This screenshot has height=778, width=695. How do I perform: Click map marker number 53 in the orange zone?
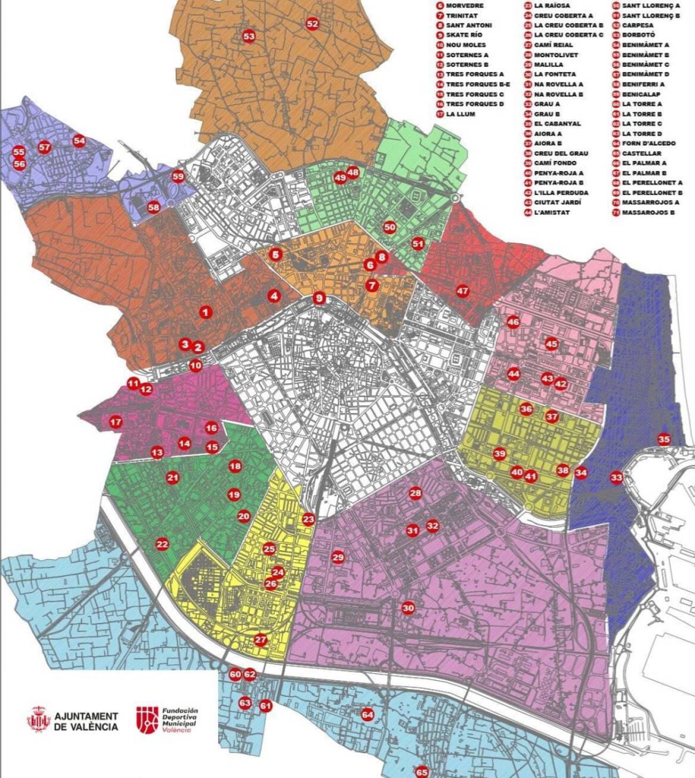click(249, 36)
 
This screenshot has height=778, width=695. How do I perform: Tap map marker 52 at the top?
click(312, 24)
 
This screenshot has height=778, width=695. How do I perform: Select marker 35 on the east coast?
click(663, 439)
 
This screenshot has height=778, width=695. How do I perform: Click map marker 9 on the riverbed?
click(319, 298)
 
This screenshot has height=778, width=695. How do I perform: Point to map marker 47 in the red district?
click(462, 291)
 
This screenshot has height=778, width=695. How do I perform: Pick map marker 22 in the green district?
click(162, 544)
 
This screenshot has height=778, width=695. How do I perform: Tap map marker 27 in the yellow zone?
click(260, 640)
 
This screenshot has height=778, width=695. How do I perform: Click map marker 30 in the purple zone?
click(408, 608)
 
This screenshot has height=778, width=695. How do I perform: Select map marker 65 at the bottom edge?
click(422, 772)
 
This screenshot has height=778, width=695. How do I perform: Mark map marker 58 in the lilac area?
click(153, 207)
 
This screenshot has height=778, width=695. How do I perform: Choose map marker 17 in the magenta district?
click(115, 422)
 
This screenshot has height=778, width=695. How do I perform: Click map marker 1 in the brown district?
click(205, 312)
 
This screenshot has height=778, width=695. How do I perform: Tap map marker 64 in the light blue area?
click(367, 714)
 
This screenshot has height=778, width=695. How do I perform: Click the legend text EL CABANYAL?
click(557, 124)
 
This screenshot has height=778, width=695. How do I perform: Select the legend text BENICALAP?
click(641, 94)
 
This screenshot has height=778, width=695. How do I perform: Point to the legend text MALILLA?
click(549, 65)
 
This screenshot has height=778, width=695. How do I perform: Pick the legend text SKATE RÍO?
click(465, 35)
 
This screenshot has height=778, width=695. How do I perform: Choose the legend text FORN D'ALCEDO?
click(648, 143)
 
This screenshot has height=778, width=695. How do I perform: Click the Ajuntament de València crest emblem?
click(38, 720)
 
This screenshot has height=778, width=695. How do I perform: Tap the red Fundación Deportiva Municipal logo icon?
click(147, 720)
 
